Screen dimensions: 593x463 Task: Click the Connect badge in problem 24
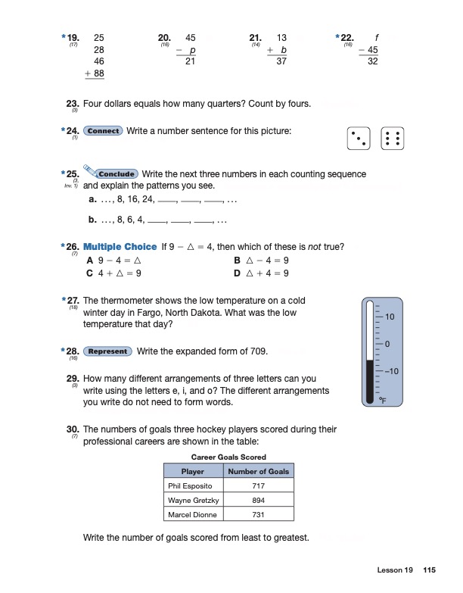(x=103, y=131)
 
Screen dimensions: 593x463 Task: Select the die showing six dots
(x=393, y=139)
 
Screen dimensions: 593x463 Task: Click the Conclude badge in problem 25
(x=116, y=174)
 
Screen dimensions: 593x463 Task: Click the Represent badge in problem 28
(x=107, y=351)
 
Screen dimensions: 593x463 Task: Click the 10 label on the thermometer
(x=391, y=316)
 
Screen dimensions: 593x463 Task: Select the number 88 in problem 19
(x=98, y=74)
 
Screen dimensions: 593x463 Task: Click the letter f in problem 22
(x=376, y=36)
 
